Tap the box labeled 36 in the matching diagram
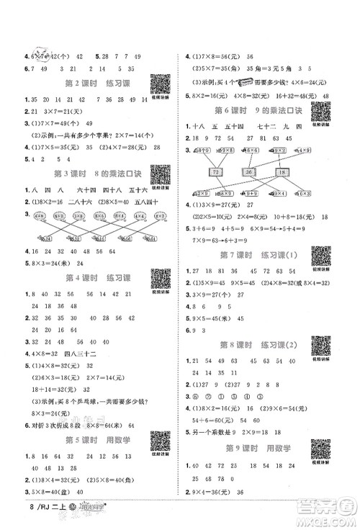pos(250,171)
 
